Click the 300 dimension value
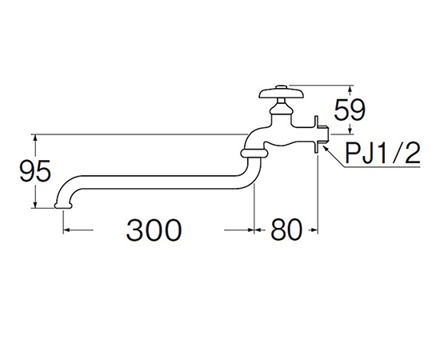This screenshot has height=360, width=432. pyautogui.click(x=154, y=230)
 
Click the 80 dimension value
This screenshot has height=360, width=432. pyautogui.click(x=286, y=230)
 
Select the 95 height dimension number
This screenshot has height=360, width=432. pyautogui.click(x=35, y=170)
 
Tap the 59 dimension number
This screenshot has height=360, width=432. pyautogui.click(x=350, y=110)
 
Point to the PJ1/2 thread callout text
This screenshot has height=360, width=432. pyautogui.click(x=383, y=153)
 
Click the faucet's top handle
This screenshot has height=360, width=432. pyautogui.click(x=282, y=92)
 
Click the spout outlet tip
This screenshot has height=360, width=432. pyautogui.click(x=64, y=206)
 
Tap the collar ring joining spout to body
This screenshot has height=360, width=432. pyautogui.click(x=254, y=153)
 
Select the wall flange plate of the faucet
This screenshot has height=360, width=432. pyautogui.click(x=316, y=134)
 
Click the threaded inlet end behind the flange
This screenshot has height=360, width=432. pyautogui.click(x=323, y=134)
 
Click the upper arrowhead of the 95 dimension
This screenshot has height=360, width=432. pyautogui.click(x=35, y=138)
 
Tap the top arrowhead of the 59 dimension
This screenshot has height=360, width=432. pyautogui.click(x=350, y=89)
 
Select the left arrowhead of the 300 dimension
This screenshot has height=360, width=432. pyautogui.click(x=67, y=230)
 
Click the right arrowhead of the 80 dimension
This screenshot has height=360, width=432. pyautogui.click(x=314, y=230)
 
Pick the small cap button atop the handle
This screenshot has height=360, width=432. pyautogui.click(x=282, y=87)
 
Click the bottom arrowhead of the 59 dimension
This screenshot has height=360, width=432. pyautogui.click(x=350, y=131)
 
